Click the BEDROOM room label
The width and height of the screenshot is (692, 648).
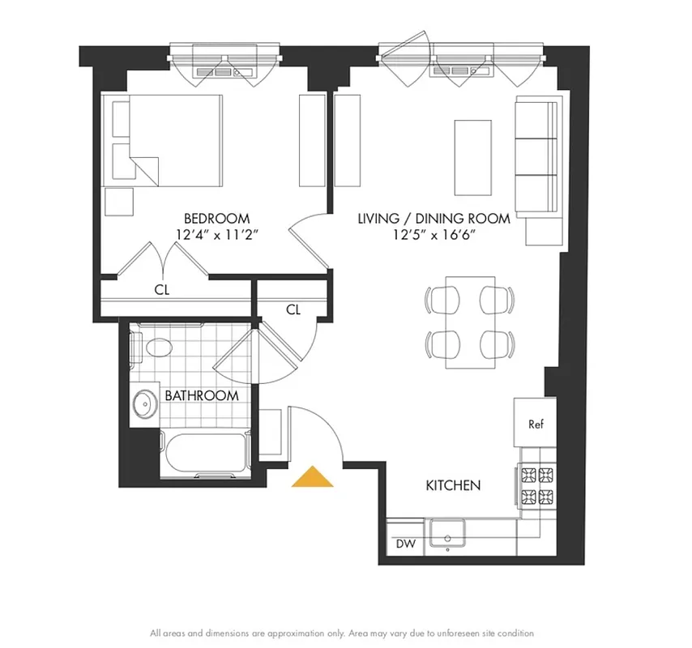pyautogui.click(x=216, y=218)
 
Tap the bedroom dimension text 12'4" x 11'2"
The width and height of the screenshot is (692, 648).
pyautogui.click(x=216, y=235)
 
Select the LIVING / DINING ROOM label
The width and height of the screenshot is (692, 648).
pyautogui.click(x=434, y=218)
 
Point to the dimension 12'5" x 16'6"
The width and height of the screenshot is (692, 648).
pyautogui.click(x=434, y=235)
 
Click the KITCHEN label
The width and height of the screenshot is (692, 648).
pyautogui.click(x=454, y=485)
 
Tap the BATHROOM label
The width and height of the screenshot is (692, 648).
pyautogui.click(x=202, y=395)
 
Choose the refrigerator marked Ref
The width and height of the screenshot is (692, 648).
pyautogui.click(x=535, y=424)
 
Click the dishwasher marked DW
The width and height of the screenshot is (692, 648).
pyautogui.click(x=405, y=544)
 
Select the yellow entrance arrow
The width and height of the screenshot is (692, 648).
pyautogui.click(x=313, y=477)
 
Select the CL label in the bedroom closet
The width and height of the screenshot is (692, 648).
pyautogui.click(x=162, y=289)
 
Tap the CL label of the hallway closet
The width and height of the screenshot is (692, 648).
pyautogui.click(x=293, y=309)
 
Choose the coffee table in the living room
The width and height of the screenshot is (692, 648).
pyautogui.click(x=472, y=157)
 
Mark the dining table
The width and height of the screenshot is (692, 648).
pyautogui.click(x=470, y=322)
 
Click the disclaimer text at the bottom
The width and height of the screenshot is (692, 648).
pyautogui.click(x=341, y=633)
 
